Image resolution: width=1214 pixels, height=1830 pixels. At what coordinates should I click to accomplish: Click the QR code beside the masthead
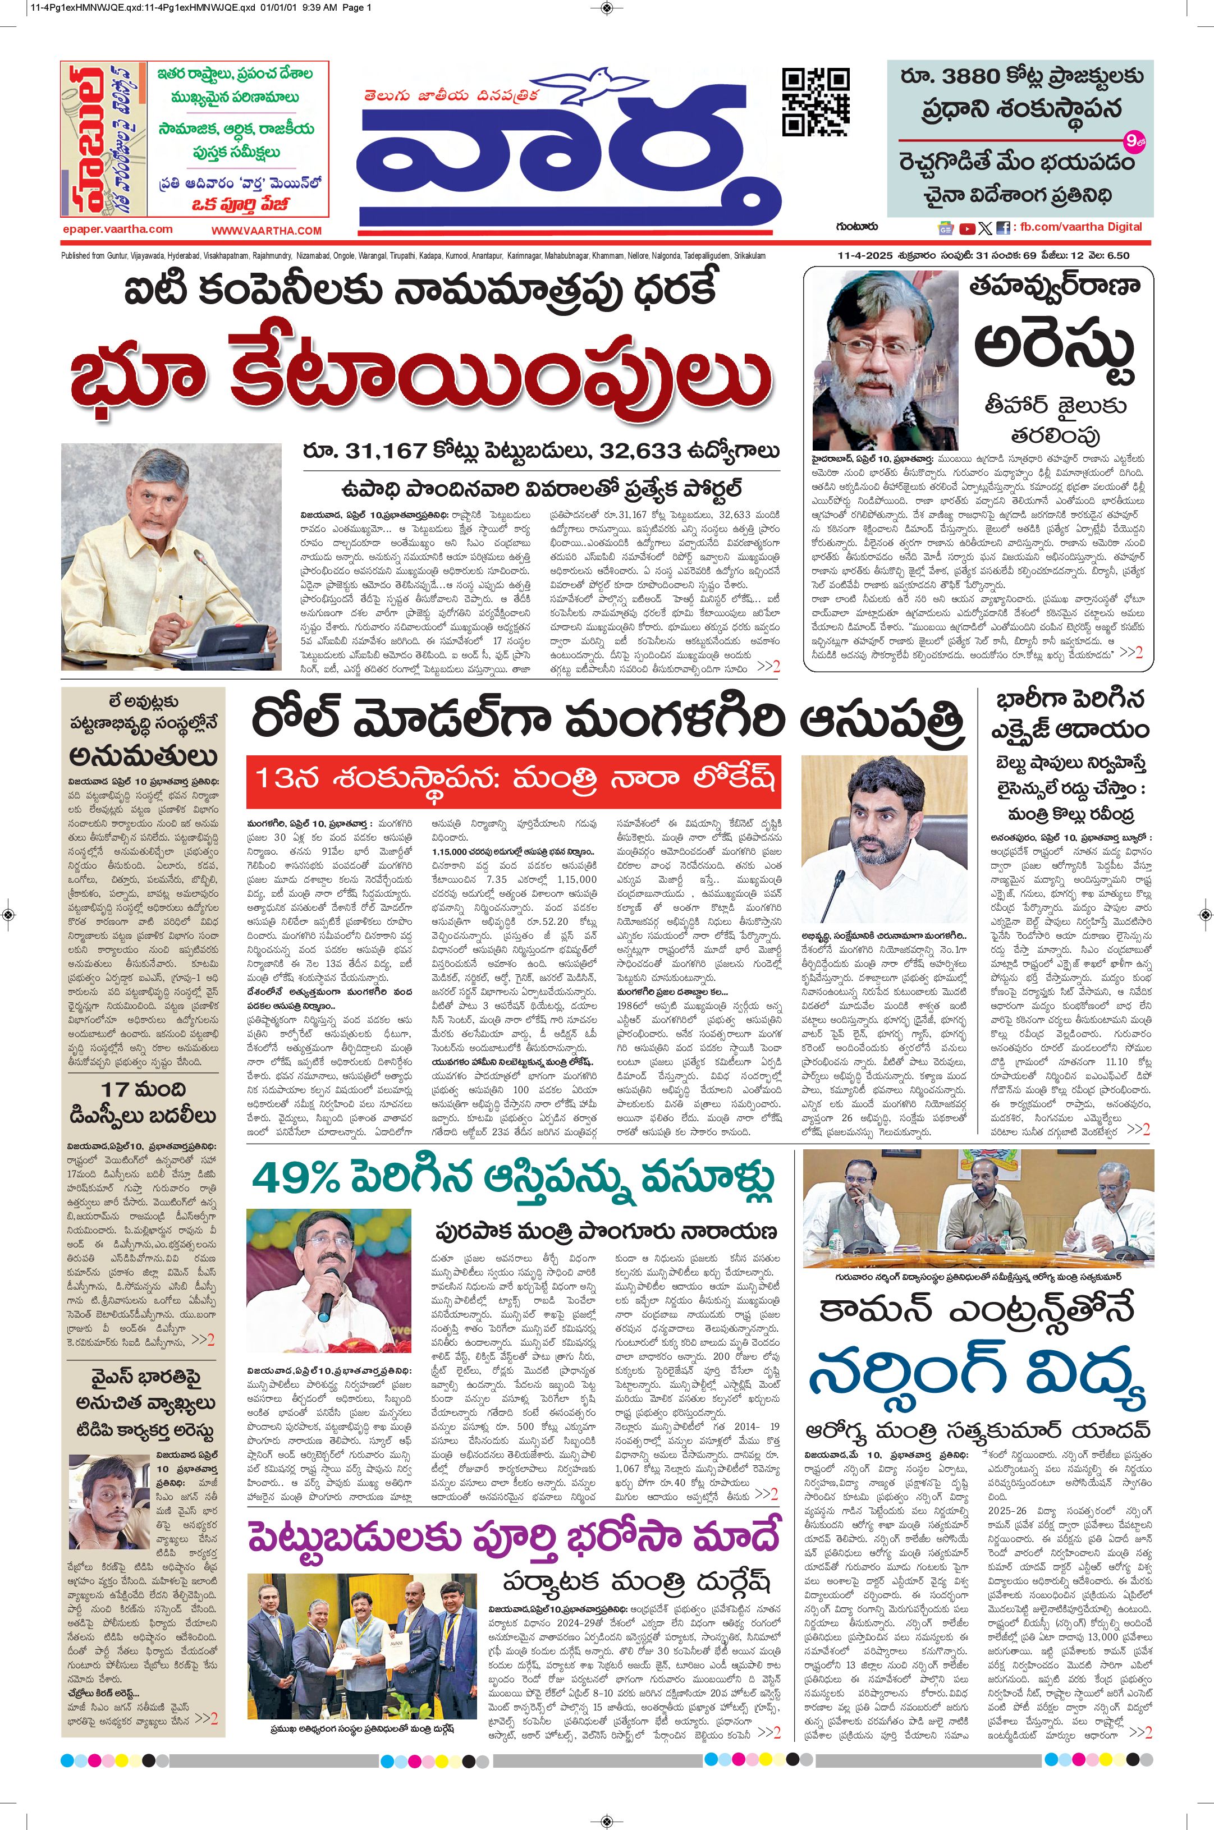pos(816,102)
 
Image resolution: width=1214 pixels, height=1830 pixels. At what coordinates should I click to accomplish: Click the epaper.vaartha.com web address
pos(118,229)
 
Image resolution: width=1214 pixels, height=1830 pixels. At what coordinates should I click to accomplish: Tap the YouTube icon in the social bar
pos(967,228)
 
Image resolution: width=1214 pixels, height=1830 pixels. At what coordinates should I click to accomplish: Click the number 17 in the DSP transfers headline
pos(113,1090)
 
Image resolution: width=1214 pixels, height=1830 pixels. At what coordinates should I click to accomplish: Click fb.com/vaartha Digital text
pos(1081,227)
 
